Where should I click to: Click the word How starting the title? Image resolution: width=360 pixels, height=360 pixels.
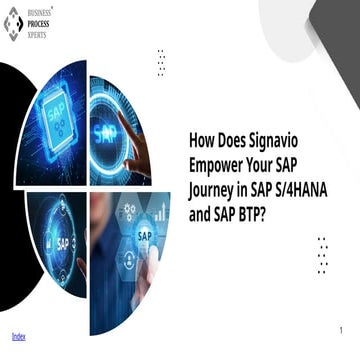pyautogui.click(x=202, y=142)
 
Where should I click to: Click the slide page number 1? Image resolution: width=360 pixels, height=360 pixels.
pyautogui.click(x=340, y=330)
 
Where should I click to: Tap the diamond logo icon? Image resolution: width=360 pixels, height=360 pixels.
pyautogui.click(x=13, y=22)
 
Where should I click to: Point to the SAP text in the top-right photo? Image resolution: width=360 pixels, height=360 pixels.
pyautogui.click(x=105, y=130)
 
